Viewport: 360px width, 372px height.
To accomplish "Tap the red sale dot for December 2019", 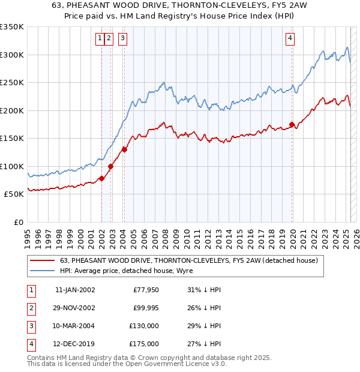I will (x=292, y=125).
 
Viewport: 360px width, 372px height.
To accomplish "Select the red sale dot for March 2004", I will (x=124, y=149).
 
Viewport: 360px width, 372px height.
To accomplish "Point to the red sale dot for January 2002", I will (x=102, y=178).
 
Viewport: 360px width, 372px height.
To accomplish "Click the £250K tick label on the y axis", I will (x=12, y=83).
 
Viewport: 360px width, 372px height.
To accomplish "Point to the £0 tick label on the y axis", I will (x=18, y=222).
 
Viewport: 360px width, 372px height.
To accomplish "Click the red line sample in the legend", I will (x=43, y=260).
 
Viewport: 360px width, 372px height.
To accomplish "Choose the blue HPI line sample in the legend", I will (x=43, y=271).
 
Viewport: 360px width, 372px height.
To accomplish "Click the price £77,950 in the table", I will (x=146, y=290).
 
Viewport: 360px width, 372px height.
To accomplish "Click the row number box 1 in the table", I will (x=31, y=290).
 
